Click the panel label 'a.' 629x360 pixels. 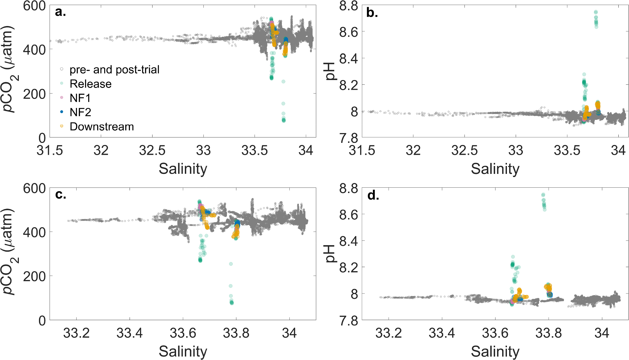point(60,12)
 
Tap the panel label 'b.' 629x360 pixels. point(372,13)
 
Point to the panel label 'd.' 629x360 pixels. point(373,196)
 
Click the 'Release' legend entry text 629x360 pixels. point(90,84)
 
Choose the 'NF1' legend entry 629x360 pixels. point(80,98)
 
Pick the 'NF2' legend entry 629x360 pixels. point(80,112)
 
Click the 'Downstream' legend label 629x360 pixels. point(102,126)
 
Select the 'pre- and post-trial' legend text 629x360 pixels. point(114,69)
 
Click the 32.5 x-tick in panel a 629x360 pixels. point(152,151)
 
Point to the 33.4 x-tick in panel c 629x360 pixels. point(130,333)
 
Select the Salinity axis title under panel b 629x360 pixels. point(495,169)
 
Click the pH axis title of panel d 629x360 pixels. point(331,254)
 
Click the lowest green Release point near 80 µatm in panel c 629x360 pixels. point(232,303)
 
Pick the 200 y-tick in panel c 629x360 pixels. point(34,277)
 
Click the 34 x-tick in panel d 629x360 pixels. point(602,333)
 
